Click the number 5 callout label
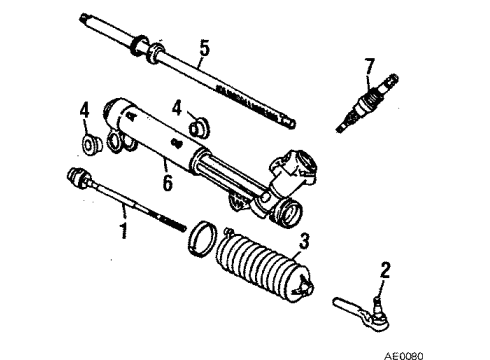[x=204, y=47]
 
